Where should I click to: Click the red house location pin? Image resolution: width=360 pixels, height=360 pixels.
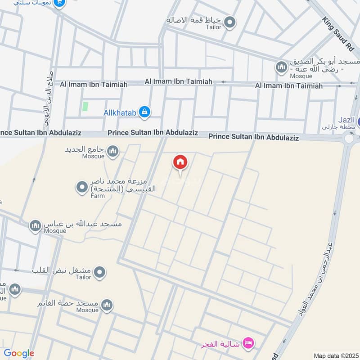tap(180, 162)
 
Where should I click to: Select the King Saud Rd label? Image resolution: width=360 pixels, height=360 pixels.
tap(339, 34)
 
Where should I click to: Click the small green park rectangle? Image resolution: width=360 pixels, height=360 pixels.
tap(85, 107)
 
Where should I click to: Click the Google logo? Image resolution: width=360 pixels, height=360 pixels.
tap(19, 353)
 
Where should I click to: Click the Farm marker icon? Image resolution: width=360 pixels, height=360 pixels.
tap(82, 187)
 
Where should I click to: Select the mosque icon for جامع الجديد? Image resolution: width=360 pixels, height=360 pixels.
tap(113, 151)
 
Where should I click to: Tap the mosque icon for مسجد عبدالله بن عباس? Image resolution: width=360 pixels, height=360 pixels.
tap(36, 225)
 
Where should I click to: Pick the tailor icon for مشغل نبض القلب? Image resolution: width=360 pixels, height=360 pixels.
tap(100, 272)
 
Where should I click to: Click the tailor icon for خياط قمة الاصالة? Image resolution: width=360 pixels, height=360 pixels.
tap(230, 22)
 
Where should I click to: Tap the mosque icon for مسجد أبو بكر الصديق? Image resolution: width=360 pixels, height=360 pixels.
tap(282, 67)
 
